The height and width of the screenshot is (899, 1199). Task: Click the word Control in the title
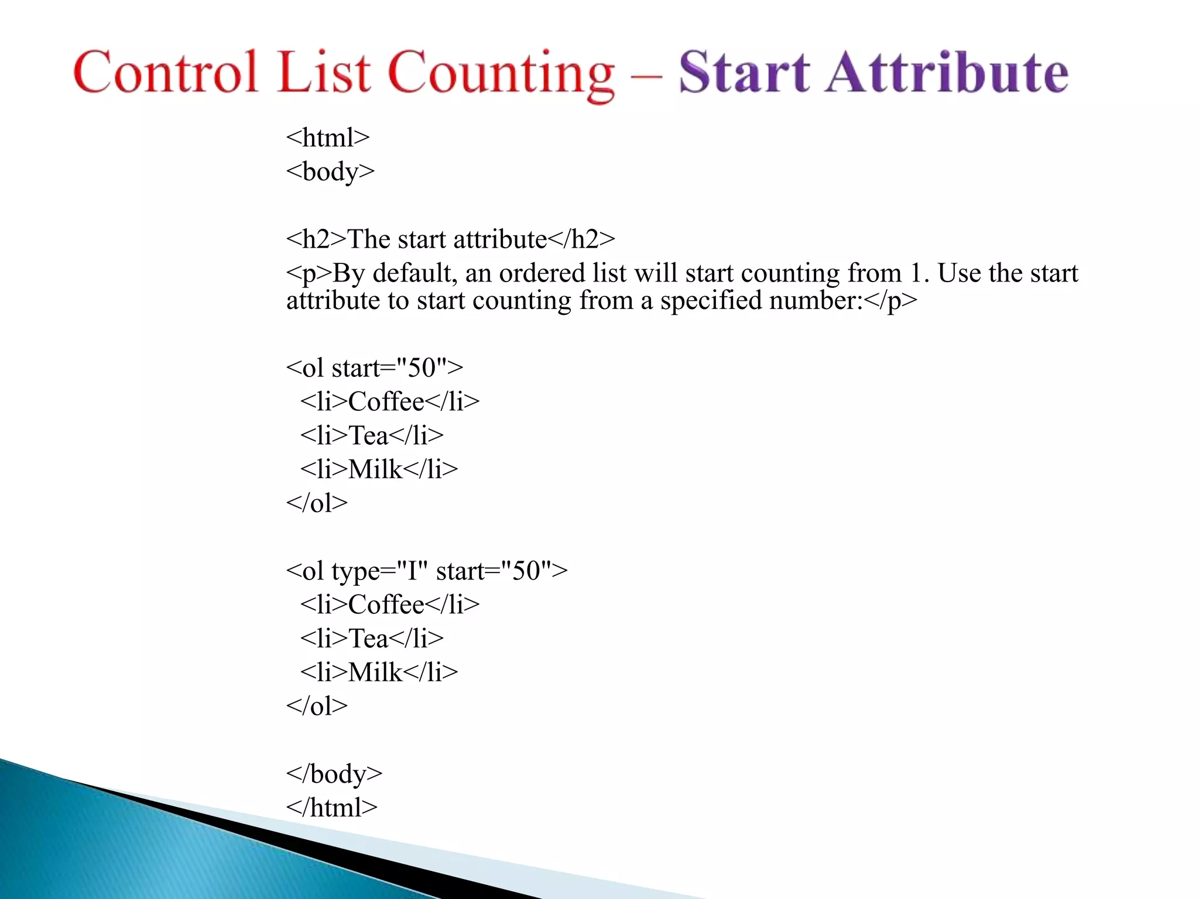pos(166,73)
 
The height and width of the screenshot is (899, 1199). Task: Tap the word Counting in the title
pos(501,74)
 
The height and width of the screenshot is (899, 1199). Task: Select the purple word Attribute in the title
pos(947,73)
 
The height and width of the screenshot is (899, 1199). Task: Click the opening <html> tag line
pos(328,138)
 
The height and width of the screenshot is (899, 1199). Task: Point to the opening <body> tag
pos(330,172)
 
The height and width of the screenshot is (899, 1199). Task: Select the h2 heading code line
pos(450,239)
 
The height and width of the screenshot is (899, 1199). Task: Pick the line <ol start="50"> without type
pos(374,368)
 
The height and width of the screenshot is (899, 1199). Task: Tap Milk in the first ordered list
pos(375,469)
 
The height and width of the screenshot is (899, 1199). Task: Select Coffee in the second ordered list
pos(386,605)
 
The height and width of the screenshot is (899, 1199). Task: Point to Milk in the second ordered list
pos(375,672)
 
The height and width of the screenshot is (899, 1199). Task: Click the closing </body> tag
pos(334,774)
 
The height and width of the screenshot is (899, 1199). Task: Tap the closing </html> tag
pos(331,808)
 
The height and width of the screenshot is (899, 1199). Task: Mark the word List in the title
pos(324,73)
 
